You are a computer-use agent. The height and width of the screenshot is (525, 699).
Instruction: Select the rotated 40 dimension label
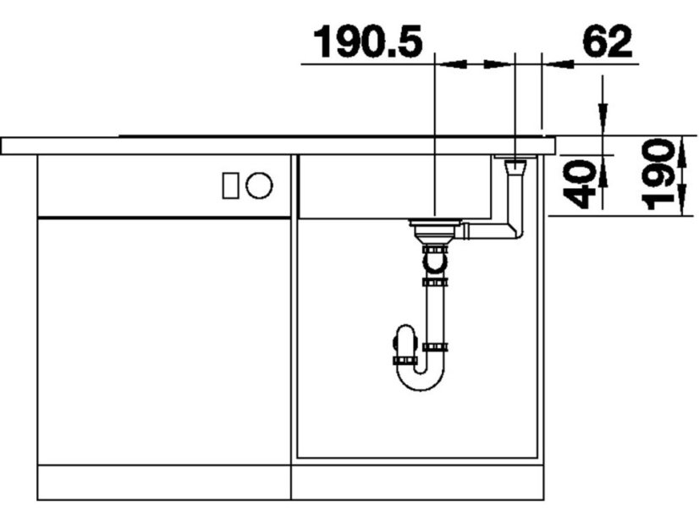click(x=579, y=185)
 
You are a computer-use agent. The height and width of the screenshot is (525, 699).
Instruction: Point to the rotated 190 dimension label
click(x=657, y=174)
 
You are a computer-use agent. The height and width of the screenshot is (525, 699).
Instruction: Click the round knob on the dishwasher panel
click(x=259, y=185)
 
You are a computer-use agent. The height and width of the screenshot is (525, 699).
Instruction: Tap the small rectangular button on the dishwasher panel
click(x=230, y=185)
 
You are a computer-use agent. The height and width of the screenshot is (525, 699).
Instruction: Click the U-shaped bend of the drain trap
click(x=421, y=379)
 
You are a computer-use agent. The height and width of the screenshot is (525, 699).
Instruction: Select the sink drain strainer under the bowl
click(x=430, y=229)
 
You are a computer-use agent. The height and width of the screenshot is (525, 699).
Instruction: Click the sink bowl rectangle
click(x=394, y=186)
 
